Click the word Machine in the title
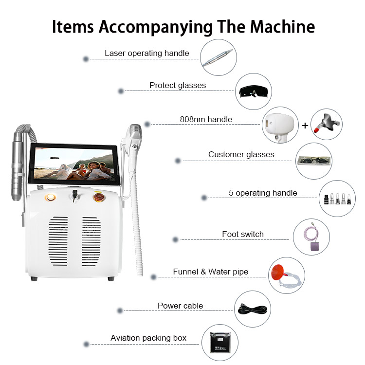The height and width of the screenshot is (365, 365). tap(282, 27)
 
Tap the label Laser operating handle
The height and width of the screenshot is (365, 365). tap(147, 54)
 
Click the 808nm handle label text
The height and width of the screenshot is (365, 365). tap(206, 119)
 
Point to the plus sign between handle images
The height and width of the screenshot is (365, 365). tap(305, 126)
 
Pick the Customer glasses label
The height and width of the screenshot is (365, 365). tap(241, 154)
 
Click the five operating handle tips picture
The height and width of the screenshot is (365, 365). tap(337, 199)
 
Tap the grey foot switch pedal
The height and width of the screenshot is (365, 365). tap(315, 246)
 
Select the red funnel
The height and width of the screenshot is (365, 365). tap(277, 273)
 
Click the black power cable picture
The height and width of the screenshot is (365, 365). tap(253, 309)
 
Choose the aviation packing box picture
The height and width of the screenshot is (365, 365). tap(220, 343)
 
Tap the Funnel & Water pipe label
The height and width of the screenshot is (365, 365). tap(210, 272)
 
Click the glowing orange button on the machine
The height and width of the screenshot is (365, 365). tap(50, 198)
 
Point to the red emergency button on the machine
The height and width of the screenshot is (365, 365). tap(99, 197)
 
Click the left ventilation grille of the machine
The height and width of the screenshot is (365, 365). tap(58, 241)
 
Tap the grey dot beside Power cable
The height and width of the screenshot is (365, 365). tap(120, 310)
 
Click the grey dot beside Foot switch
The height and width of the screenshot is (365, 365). tap(176, 239)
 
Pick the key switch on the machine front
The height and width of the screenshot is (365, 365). tap(75, 196)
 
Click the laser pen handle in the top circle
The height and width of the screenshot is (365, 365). tap(218, 58)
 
